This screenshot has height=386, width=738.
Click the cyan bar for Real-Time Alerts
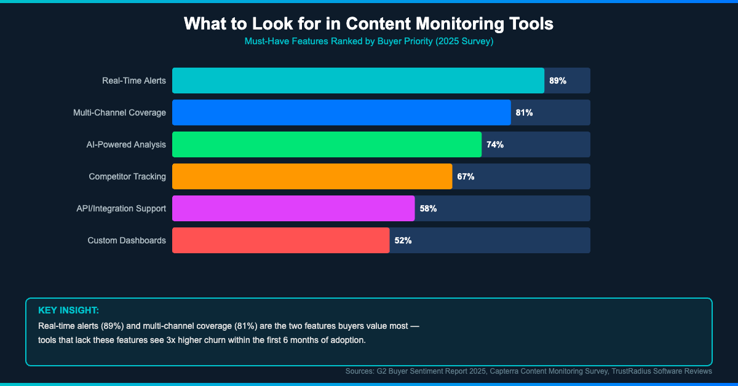(x=358, y=81)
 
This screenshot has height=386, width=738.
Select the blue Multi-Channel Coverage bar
(x=341, y=112)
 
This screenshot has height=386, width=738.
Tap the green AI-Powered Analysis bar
(x=327, y=144)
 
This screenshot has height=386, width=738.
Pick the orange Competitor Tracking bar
(x=312, y=176)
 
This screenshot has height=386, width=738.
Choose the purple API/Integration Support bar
(x=293, y=208)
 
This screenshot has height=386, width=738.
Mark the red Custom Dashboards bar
(x=280, y=240)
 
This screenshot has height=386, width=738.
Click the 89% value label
(x=557, y=81)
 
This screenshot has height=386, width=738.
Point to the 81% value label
(x=524, y=112)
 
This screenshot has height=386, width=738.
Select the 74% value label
(x=494, y=144)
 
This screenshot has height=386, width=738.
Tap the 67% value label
(x=466, y=176)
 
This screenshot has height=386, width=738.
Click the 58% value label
(x=428, y=208)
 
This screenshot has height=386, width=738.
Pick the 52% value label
(x=403, y=240)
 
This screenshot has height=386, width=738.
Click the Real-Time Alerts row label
(x=133, y=81)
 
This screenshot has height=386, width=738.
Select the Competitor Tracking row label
(x=127, y=176)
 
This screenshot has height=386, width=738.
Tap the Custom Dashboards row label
(x=127, y=240)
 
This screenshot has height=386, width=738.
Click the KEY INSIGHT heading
(x=68, y=310)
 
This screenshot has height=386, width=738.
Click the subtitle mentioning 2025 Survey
(x=369, y=42)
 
